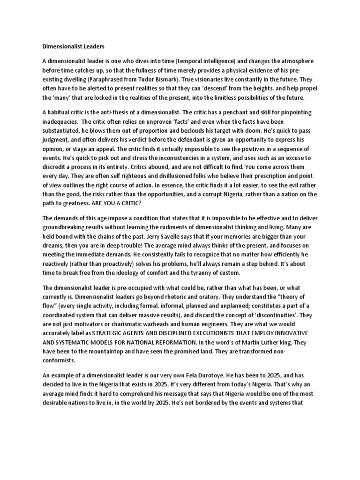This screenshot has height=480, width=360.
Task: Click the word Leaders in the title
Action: [x=92, y=46]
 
